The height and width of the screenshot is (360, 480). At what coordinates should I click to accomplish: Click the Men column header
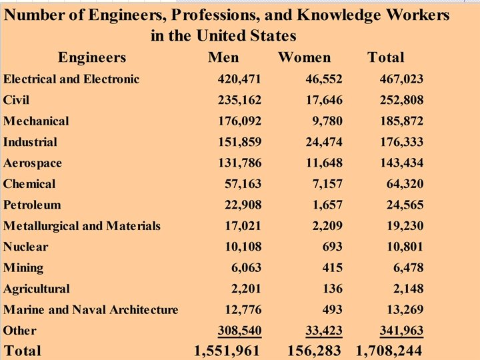pyautogui.click(x=223, y=57)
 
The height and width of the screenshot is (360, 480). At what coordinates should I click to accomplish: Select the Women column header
pyautogui.click(x=304, y=57)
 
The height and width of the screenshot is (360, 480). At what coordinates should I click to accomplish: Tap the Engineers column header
pyautogui.click(x=92, y=57)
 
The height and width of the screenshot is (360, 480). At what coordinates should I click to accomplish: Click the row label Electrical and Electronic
pyautogui.click(x=71, y=79)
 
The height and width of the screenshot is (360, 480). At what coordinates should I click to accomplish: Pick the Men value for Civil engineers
pyautogui.click(x=239, y=101)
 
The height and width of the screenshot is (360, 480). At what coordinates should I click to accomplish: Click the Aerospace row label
pyautogui.click(x=33, y=163)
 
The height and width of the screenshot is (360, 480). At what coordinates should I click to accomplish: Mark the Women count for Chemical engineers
pyautogui.click(x=326, y=184)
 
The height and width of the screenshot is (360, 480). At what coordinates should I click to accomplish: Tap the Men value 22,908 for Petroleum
pyautogui.click(x=242, y=205)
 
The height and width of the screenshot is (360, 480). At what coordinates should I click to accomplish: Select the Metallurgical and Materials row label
pyautogui.click(x=82, y=226)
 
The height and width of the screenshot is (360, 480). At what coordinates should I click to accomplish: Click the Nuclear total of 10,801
pyautogui.click(x=403, y=247)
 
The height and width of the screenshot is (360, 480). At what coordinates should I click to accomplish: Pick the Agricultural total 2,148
pyautogui.click(x=405, y=289)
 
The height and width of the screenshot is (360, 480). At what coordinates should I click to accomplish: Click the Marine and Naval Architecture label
pyautogui.click(x=91, y=309)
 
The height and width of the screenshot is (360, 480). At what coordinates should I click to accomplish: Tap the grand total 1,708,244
pyautogui.click(x=389, y=351)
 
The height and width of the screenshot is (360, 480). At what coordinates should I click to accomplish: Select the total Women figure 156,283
pyautogui.click(x=314, y=351)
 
